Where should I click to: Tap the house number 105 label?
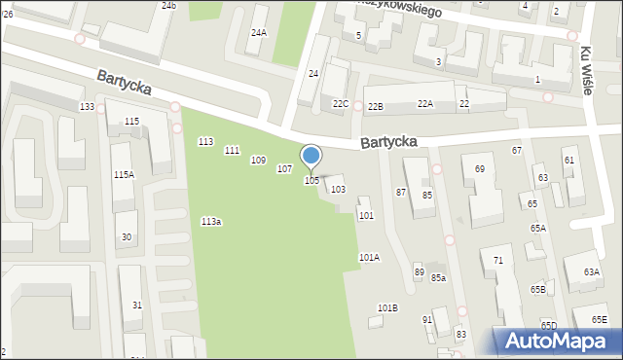coord(311,181)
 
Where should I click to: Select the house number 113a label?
coord(211,222)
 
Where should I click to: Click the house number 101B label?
coord(387,308)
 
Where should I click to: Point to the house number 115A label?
coord(124,175)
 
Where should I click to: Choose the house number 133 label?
coord(88,107)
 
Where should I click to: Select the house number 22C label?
coord(340,104)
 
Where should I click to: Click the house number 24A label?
coord(258,33)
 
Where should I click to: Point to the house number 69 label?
coord(480,169)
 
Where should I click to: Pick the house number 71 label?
coord(497,261)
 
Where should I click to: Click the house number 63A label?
coord(592,272)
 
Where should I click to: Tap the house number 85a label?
coord(439,278)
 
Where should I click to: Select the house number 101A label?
coord(369,258)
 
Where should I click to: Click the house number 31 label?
coord(137,306)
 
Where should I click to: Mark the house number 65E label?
coord(597,320)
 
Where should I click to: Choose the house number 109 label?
coord(258,161)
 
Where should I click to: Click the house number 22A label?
coord(425,104)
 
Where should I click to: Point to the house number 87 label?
coord(401,193)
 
